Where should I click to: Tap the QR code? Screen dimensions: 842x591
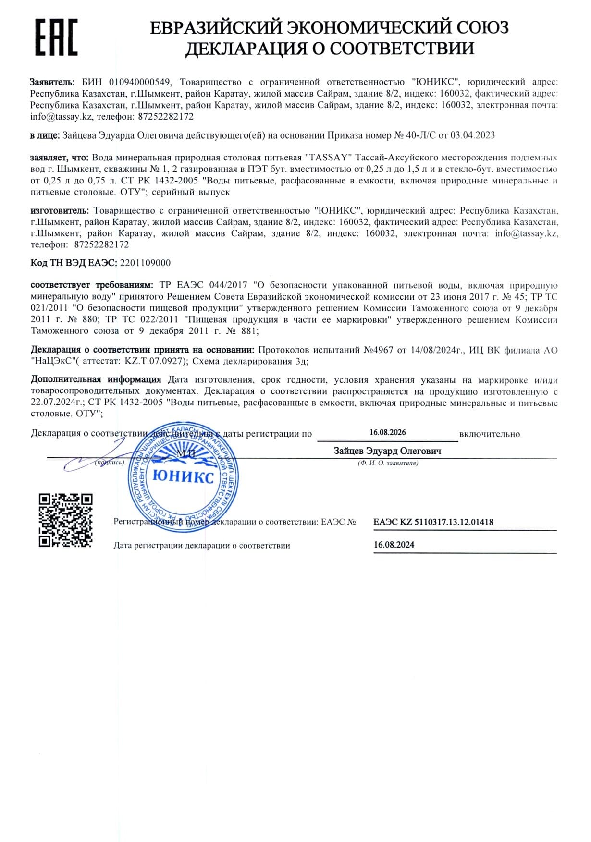coord(65,520)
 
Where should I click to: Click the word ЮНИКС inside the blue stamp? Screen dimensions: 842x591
coord(183,477)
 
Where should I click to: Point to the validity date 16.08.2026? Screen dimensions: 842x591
coord(387,432)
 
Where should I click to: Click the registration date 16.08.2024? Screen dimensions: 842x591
coord(394,545)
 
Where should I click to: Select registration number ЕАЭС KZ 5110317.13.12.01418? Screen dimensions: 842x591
coord(433,522)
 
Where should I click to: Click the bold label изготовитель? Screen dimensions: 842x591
coord(60,211)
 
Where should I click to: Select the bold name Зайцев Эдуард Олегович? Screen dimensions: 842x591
coord(387,451)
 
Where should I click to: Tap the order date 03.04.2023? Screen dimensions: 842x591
coord(472,135)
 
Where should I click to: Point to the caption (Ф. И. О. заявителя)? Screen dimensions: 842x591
coord(387,463)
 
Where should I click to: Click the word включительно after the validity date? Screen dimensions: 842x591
coord(489,434)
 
